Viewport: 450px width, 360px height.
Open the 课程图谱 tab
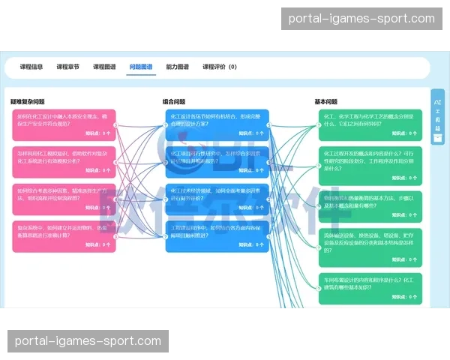click(104, 67)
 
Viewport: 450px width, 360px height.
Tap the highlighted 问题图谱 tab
click(141, 67)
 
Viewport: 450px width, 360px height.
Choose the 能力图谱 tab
click(177, 67)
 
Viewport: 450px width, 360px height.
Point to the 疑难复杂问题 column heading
click(28, 101)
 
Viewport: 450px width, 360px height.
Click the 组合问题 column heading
click(174, 101)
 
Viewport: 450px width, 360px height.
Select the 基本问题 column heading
click(326, 101)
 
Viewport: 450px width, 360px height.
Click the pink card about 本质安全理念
click(64, 124)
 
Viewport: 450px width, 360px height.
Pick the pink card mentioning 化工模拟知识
click(64, 161)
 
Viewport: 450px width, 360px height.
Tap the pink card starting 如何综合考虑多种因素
click(64, 199)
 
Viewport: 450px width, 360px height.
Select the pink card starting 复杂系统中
click(64, 236)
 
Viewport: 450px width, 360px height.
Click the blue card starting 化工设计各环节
click(216, 124)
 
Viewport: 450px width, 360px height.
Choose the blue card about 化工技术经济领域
click(216, 199)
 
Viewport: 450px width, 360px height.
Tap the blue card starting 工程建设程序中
click(216, 236)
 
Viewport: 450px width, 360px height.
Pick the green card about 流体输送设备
click(370, 248)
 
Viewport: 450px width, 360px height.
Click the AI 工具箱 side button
click(437, 116)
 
